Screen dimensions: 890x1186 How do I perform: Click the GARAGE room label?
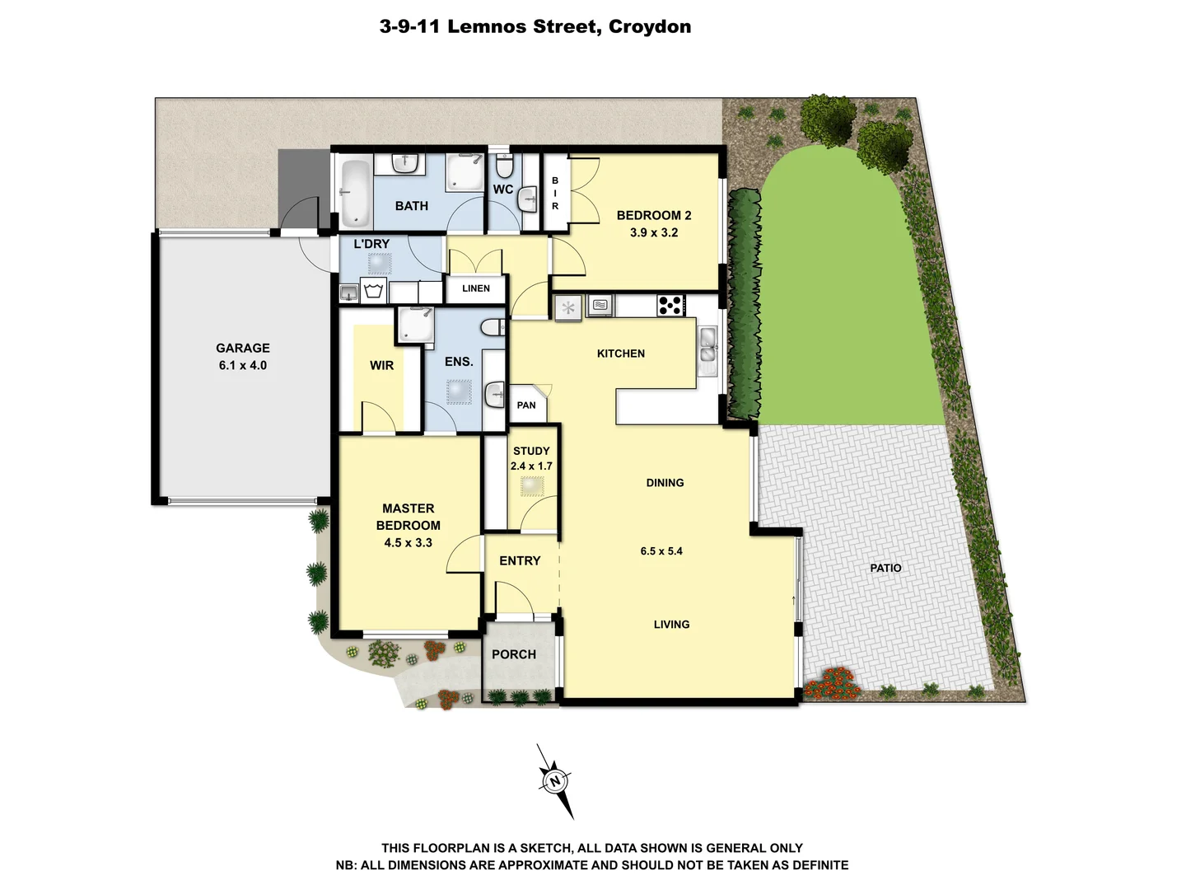242,348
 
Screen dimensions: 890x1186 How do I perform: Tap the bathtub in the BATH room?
355,192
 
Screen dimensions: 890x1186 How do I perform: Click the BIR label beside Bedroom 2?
555,193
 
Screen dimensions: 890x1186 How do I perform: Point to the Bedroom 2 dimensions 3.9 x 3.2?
653,233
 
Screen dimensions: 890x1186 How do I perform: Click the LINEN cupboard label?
475,288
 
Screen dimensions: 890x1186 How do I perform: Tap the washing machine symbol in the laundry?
374,291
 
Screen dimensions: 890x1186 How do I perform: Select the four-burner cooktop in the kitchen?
670,305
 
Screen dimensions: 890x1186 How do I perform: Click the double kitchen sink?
707,345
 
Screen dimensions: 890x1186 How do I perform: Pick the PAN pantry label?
526,405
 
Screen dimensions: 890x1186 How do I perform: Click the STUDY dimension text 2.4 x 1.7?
531,466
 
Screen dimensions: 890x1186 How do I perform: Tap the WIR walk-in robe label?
381,365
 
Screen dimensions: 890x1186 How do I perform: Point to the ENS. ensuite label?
459,362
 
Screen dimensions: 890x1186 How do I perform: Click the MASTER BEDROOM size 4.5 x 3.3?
408,543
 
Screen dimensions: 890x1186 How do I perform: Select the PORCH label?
513,654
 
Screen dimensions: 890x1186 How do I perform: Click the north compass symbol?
555,780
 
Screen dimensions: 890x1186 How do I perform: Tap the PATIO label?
885,568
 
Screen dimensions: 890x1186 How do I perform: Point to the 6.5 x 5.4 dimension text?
661,551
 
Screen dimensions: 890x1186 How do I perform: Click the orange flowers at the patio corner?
833,683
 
